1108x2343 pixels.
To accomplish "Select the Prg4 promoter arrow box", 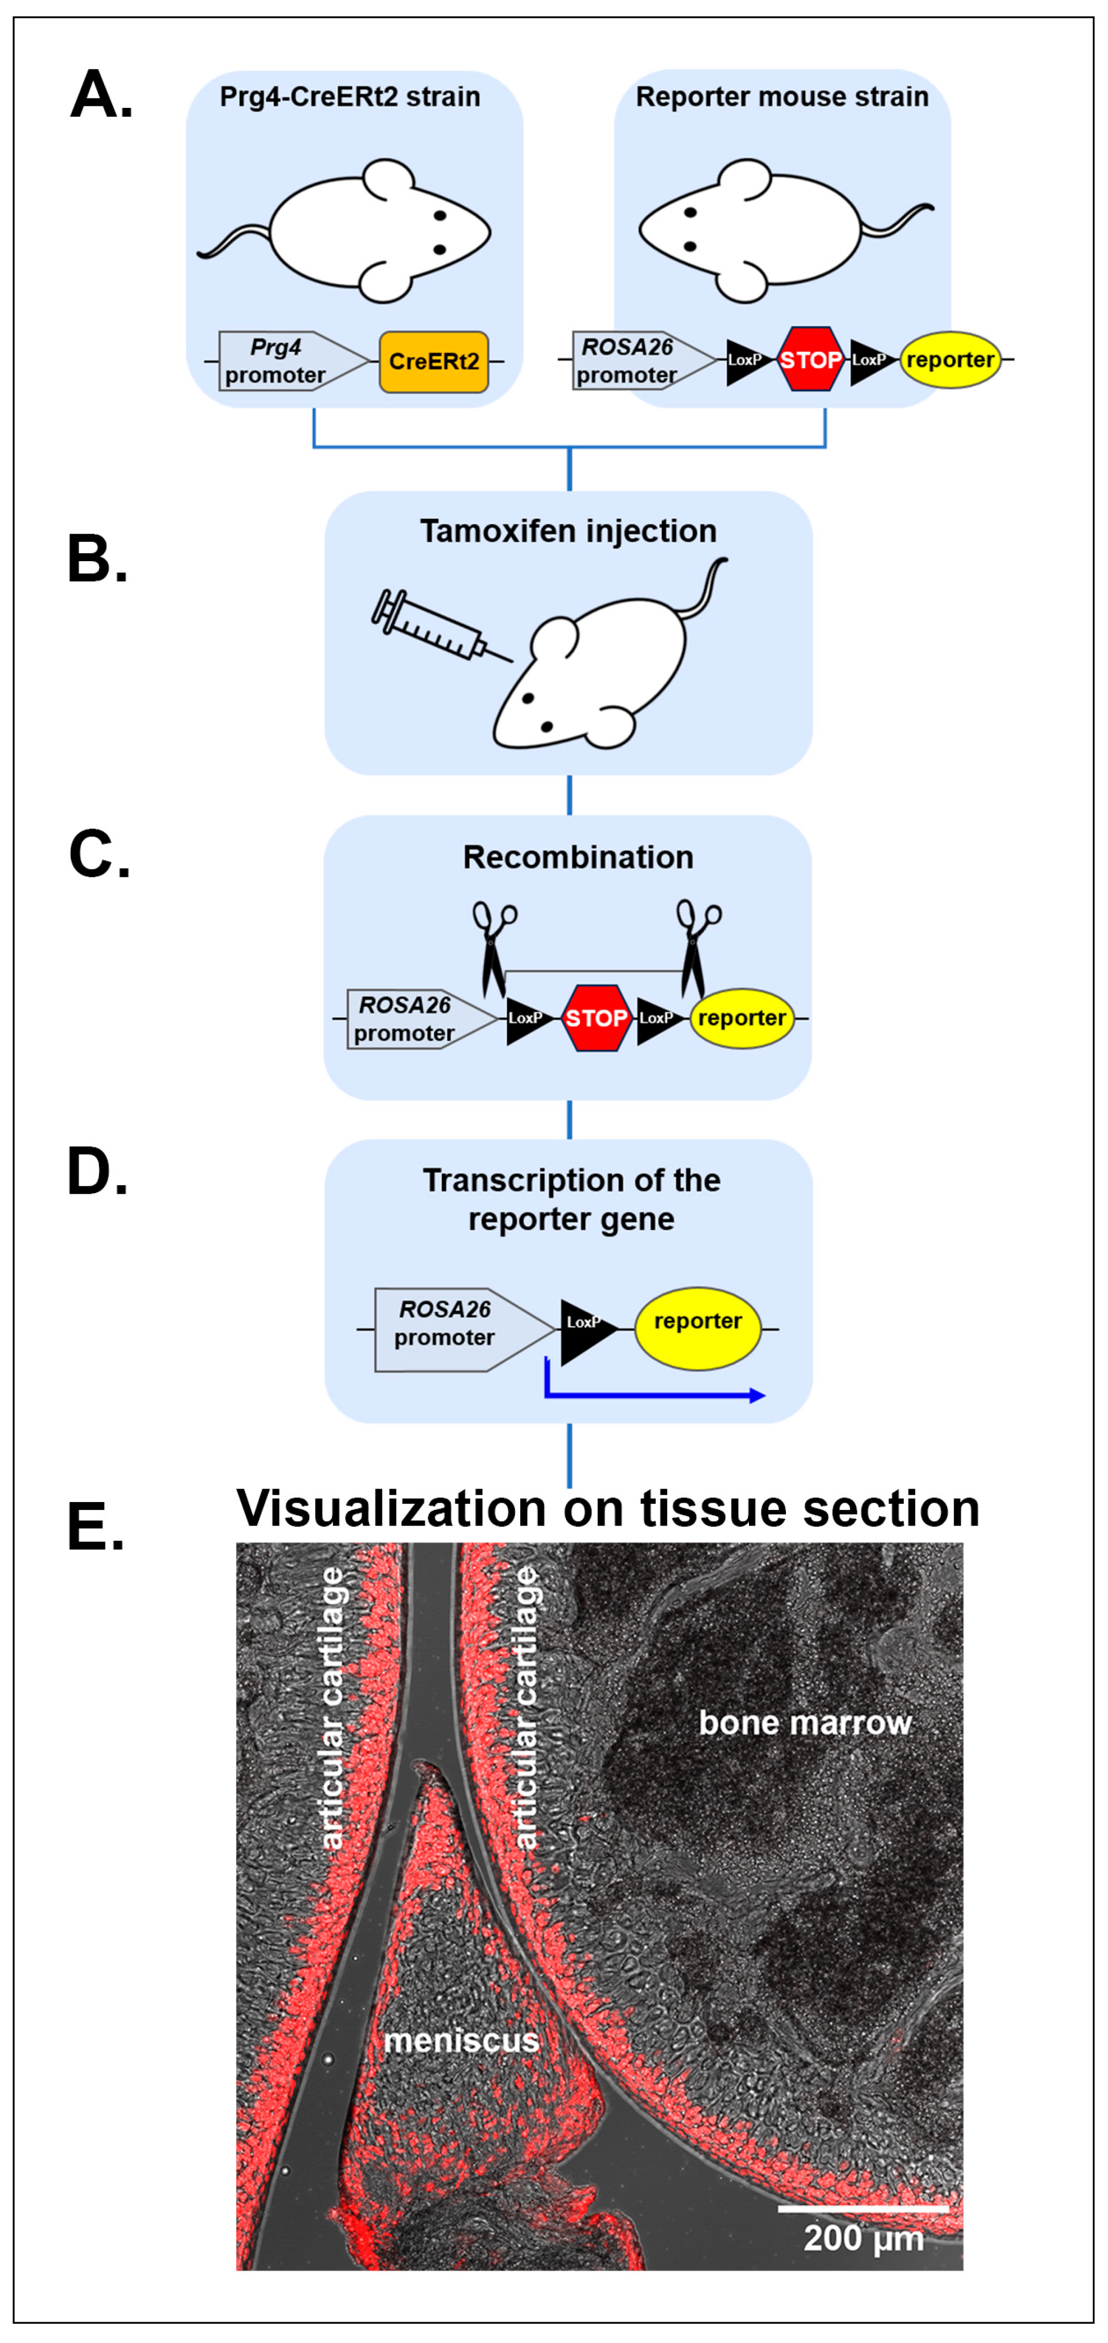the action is (292, 361).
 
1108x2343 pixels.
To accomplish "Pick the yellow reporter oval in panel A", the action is (950, 359).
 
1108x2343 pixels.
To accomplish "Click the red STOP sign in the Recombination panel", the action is (596, 1018).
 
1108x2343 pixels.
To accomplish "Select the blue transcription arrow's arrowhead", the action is (757, 1395).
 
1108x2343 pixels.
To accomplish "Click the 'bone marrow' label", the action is (804, 1722).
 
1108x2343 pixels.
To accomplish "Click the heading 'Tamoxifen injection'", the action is (569, 531).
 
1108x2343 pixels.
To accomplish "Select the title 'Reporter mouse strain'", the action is (782, 96).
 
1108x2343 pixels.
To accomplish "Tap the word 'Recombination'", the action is (578, 857).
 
